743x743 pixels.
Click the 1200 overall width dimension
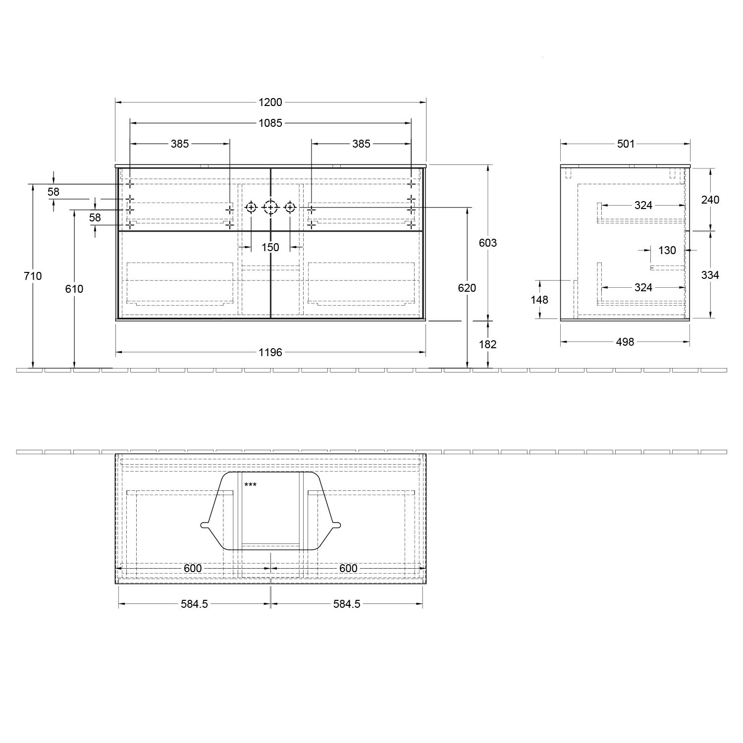pyautogui.click(x=270, y=103)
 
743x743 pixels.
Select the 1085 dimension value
pyautogui.click(x=270, y=123)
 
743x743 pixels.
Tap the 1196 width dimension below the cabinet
pyautogui.click(x=270, y=352)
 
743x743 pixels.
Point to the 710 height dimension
pyautogui.click(x=33, y=276)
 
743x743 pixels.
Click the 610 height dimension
pyautogui.click(x=74, y=289)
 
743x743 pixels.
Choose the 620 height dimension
pyautogui.click(x=467, y=288)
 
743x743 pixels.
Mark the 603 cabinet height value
pyautogui.click(x=488, y=243)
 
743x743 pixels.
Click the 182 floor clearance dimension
pyautogui.click(x=488, y=344)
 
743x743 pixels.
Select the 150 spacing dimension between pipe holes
pyautogui.click(x=270, y=247)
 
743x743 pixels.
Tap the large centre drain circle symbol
pyautogui.click(x=270, y=207)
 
